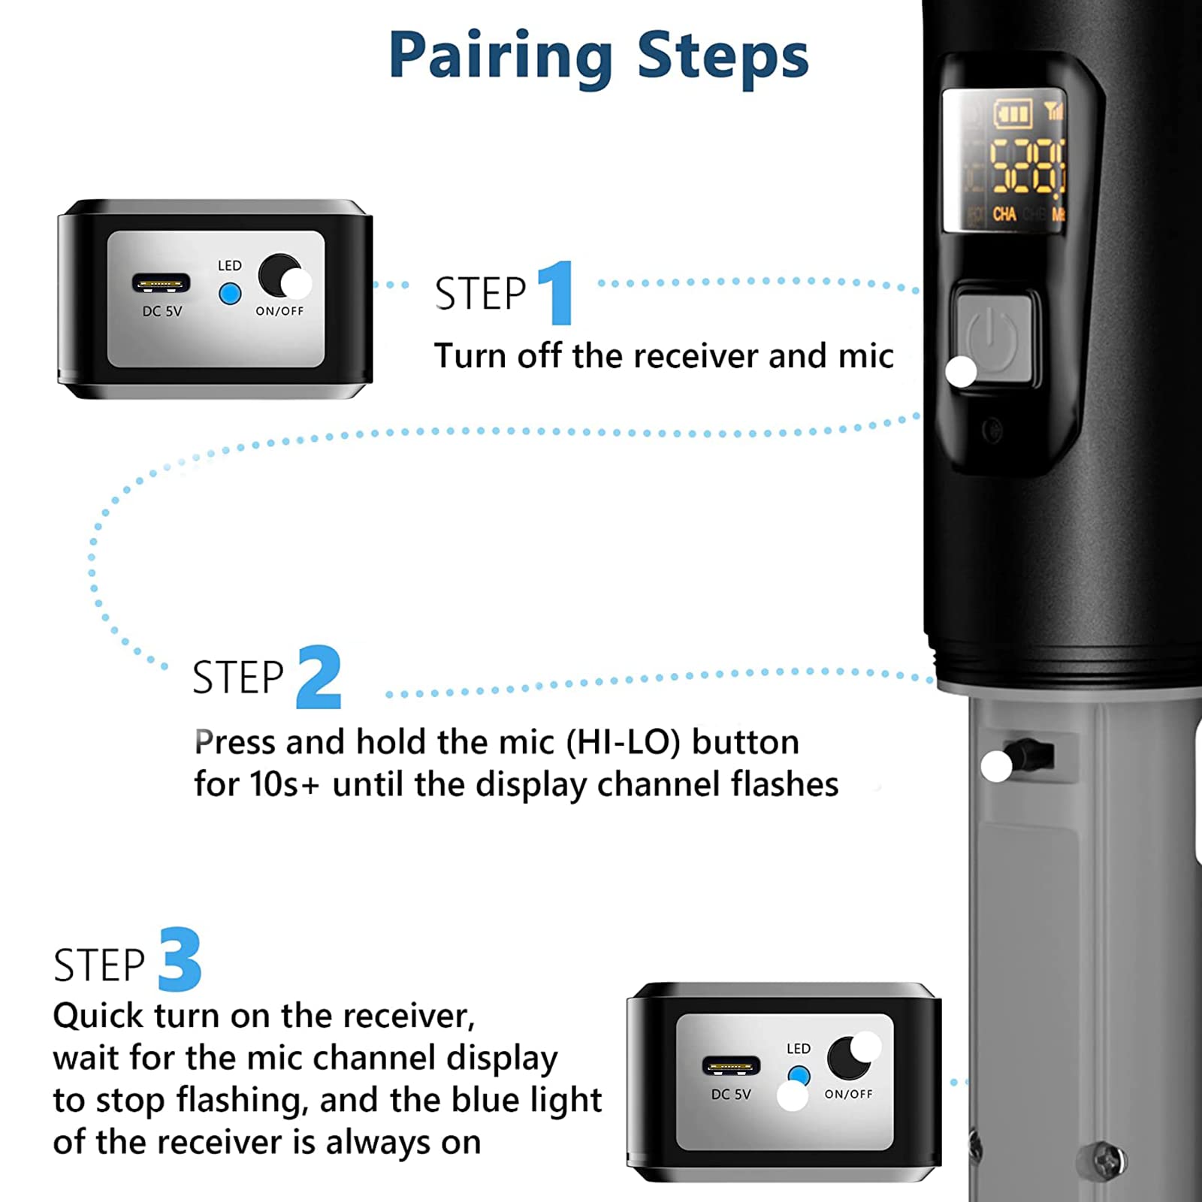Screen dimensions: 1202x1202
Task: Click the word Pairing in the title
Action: point(501,57)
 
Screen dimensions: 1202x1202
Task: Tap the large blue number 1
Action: point(557,292)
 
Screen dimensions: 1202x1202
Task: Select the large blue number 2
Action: point(319,677)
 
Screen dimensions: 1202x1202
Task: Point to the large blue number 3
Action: point(180,959)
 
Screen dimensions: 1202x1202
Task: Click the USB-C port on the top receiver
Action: point(161,283)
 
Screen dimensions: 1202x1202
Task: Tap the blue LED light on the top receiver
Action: point(230,294)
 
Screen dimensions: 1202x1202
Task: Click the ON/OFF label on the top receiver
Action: point(279,311)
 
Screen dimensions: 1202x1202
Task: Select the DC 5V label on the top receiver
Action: point(162,311)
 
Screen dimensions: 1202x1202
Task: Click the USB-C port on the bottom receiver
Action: point(731,1066)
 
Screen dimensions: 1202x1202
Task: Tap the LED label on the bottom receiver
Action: point(799,1049)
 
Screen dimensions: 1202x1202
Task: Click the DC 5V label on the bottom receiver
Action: point(731,1095)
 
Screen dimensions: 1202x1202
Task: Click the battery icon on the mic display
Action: point(1013,114)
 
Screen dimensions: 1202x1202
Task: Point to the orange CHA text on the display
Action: point(1004,215)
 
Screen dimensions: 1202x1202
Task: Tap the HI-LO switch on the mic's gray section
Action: point(1030,754)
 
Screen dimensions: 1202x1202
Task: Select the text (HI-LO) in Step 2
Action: point(624,742)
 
